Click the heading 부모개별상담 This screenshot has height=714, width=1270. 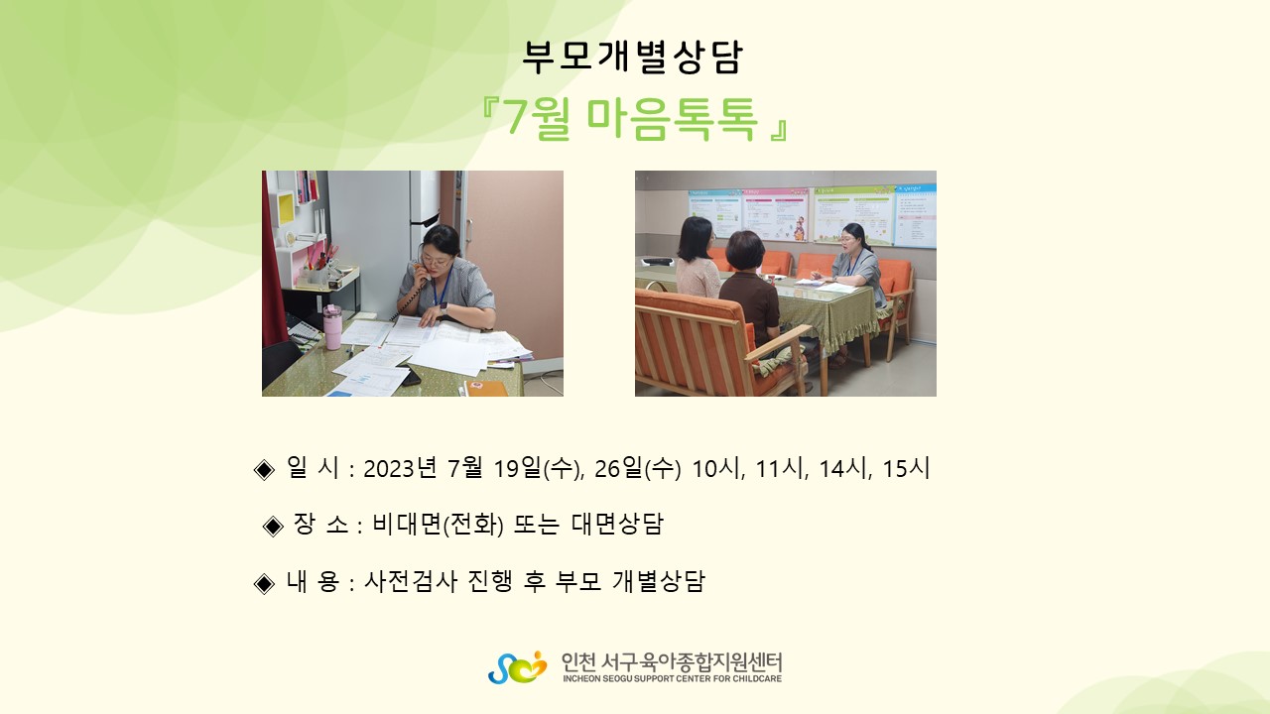[632, 57]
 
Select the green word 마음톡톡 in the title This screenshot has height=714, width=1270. [672, 119]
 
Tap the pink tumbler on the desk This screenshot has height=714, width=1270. [332, 327]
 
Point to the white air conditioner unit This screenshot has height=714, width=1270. [425, 212]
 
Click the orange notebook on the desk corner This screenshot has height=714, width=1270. [487, 389]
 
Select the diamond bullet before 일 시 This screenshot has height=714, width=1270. [264, 470]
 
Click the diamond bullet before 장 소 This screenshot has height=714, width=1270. [273, 526]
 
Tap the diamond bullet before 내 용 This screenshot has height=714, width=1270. [264, 583]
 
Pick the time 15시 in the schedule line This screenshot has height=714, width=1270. [906, 469]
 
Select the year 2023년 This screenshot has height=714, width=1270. [400, 469]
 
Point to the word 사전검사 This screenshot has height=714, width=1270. [410, 581]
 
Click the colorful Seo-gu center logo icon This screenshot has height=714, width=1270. [518, 667]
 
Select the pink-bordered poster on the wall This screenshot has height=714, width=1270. [776, 213]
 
